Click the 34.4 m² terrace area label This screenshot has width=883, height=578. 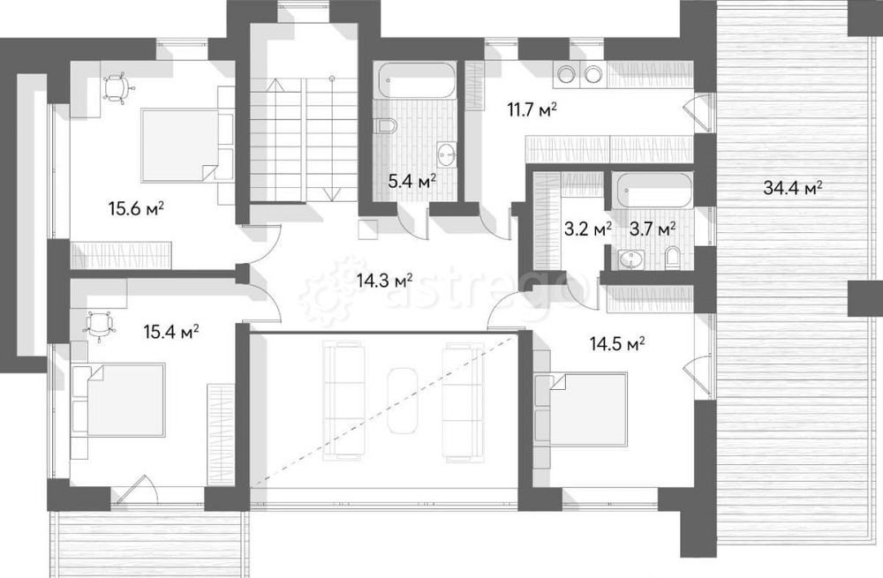pos(792,187)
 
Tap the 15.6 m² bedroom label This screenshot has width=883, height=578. pos(136,209)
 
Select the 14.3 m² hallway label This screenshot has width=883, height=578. pos(385,280)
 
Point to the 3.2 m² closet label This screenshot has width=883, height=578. pos(588,229)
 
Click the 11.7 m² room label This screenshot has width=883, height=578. pos(532,109)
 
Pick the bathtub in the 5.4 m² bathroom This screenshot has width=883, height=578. pos(417,81)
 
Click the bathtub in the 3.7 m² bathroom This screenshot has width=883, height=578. pos(654,191)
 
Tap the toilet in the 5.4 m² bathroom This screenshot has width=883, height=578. pos(388,125)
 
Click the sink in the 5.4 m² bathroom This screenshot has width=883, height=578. pos(447,154)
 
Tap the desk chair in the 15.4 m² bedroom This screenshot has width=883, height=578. pos(100,326)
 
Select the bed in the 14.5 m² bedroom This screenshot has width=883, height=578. pos(581,408)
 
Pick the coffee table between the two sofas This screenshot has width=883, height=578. pos(403,400)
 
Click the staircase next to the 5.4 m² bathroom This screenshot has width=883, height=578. pos(304,139)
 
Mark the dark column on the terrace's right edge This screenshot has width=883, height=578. pos(865,298)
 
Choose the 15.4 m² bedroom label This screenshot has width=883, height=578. pos(172,332)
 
